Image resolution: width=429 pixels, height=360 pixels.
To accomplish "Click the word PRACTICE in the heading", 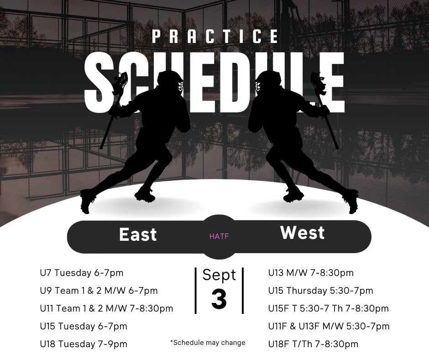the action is (215, 37).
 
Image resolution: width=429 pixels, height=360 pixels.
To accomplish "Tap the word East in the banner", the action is (138, 234).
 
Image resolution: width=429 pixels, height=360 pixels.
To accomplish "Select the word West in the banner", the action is (302, 233).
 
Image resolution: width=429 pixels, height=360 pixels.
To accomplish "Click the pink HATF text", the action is (219, 236).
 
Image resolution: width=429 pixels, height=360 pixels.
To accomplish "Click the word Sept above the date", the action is (219, 275).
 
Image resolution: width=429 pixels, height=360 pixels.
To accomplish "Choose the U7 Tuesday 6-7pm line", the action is (82, 273).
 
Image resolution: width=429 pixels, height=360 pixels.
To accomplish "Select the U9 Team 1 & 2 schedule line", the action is (99, 291).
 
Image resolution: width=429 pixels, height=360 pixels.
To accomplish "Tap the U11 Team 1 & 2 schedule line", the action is (106, 308).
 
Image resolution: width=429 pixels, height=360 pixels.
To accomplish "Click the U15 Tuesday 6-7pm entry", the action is (84, 326).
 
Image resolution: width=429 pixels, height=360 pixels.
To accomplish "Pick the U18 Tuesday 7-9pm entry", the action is (84, 344).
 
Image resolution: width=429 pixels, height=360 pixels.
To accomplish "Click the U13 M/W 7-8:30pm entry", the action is (311, 273).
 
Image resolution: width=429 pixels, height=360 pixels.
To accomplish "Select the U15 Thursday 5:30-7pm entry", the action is (320, 291).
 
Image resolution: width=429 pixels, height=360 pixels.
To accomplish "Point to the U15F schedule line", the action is (328, 308).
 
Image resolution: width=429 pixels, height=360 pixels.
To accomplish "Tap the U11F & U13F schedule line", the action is (329, 326).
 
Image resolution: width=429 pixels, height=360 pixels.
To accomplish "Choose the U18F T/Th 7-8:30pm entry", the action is (313, 344).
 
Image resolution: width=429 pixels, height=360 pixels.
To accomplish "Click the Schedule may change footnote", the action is (208, 343).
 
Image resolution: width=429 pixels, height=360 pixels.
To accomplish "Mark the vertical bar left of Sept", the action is (196, 291).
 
